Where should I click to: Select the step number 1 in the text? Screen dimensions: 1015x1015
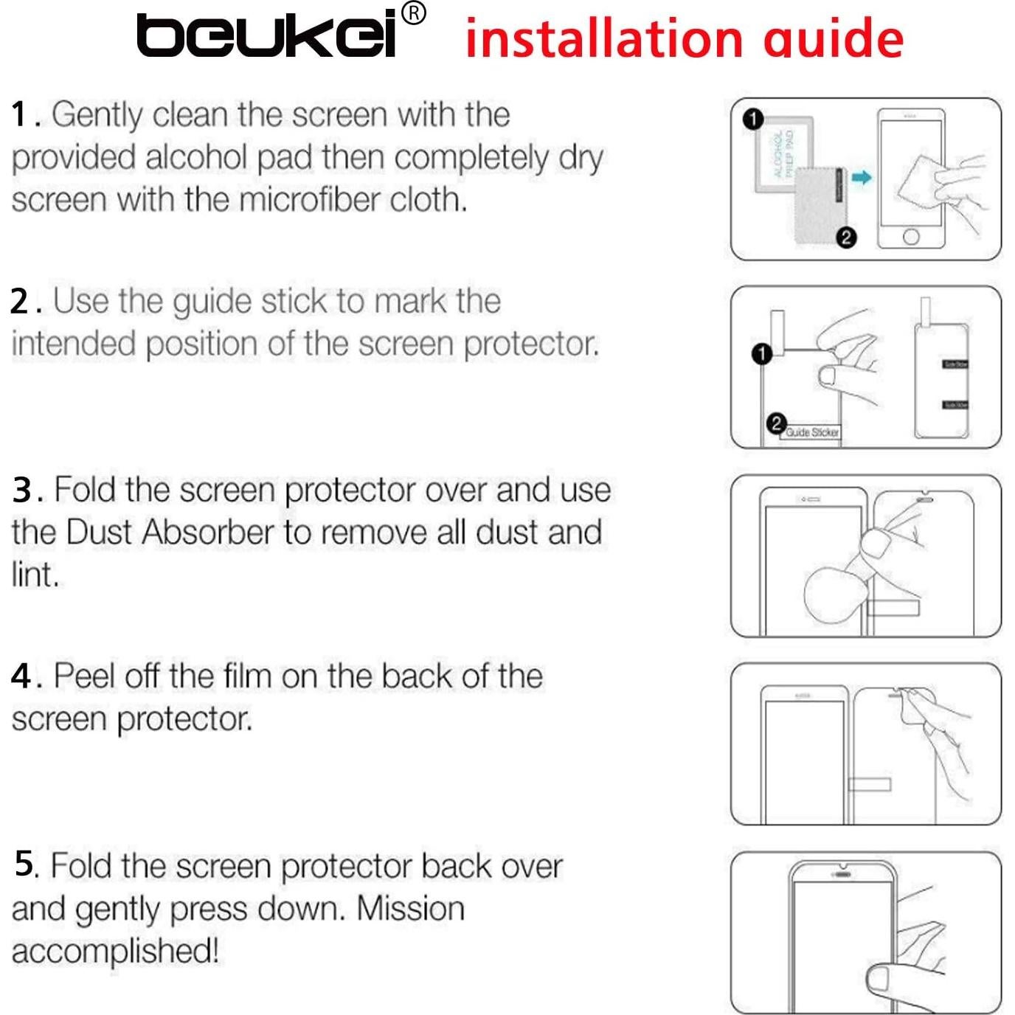pos(20,115)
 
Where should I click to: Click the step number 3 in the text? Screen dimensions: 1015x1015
pos(21,491)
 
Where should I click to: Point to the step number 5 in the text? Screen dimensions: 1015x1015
pos(24,864)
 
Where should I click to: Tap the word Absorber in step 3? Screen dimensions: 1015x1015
pos(208,533)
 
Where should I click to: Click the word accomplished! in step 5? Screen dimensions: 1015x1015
pos(115,951)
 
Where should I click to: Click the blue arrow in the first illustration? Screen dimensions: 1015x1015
pos(861,177)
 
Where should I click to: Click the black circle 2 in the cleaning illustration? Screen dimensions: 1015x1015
pos(846,238)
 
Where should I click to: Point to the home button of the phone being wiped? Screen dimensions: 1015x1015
pos(911,237)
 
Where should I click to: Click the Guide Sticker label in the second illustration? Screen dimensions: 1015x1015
pos(811,432)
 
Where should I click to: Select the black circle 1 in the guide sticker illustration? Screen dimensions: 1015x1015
pos(761,354)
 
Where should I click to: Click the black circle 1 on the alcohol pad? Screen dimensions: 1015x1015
pos(752,119)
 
